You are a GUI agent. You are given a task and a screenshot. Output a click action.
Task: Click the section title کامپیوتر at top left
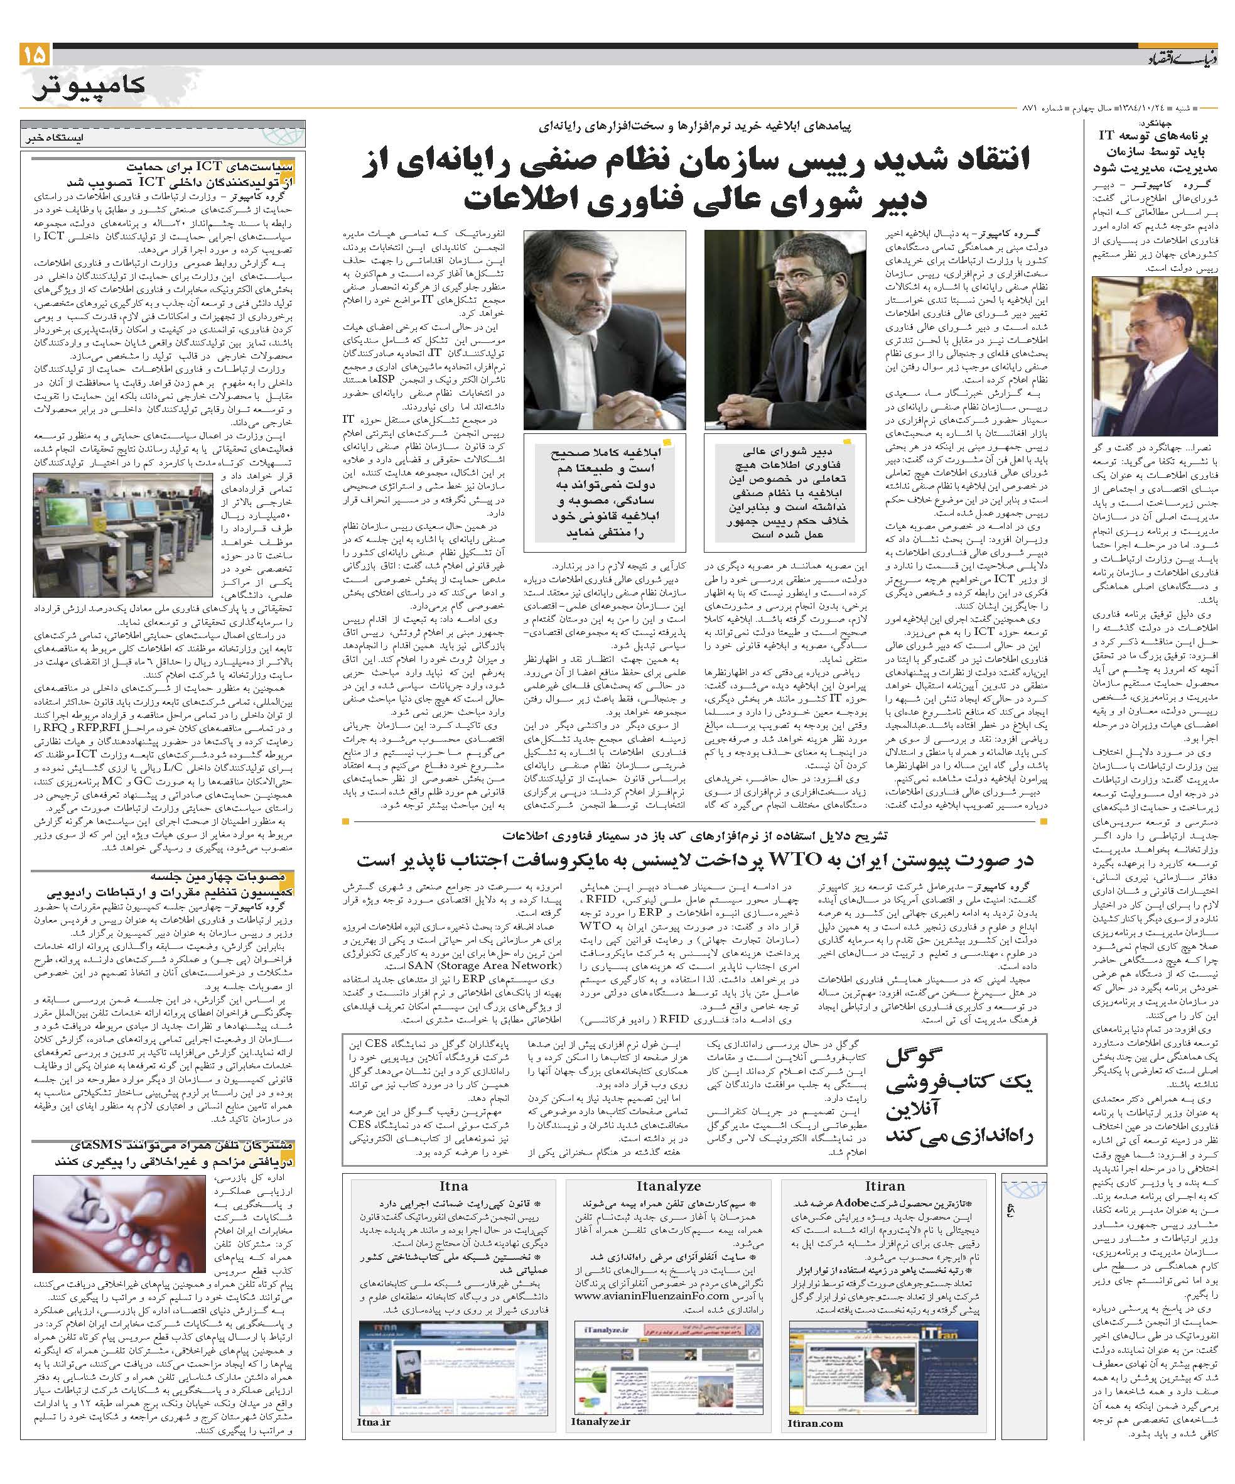[89, 85]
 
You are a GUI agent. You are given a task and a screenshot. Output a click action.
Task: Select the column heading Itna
[453, 1186]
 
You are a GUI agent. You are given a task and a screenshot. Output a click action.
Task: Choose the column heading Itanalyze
[667, 1186]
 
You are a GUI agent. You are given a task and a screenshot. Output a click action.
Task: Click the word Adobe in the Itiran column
[851, 1202]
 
